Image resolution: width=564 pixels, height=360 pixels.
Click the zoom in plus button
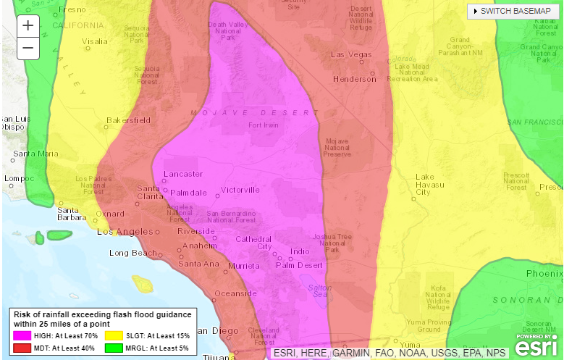(x=28, y=25)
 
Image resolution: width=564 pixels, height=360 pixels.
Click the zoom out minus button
(x=28, y=49)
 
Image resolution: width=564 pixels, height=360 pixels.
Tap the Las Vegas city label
(x=351, y=55)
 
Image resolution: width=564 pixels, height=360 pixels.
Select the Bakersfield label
(x=129, y=120)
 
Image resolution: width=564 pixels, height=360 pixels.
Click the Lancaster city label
(x=183, y=174)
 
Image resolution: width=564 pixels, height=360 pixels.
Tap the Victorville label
(x=240, y=190)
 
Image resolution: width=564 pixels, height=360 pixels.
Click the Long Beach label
(x=133, y=253)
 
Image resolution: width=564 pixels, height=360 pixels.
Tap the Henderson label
(x=354, y=79)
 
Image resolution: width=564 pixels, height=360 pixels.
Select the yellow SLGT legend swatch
(x=114, y=336)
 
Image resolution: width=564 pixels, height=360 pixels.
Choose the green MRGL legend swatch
(x=114, y=348)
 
